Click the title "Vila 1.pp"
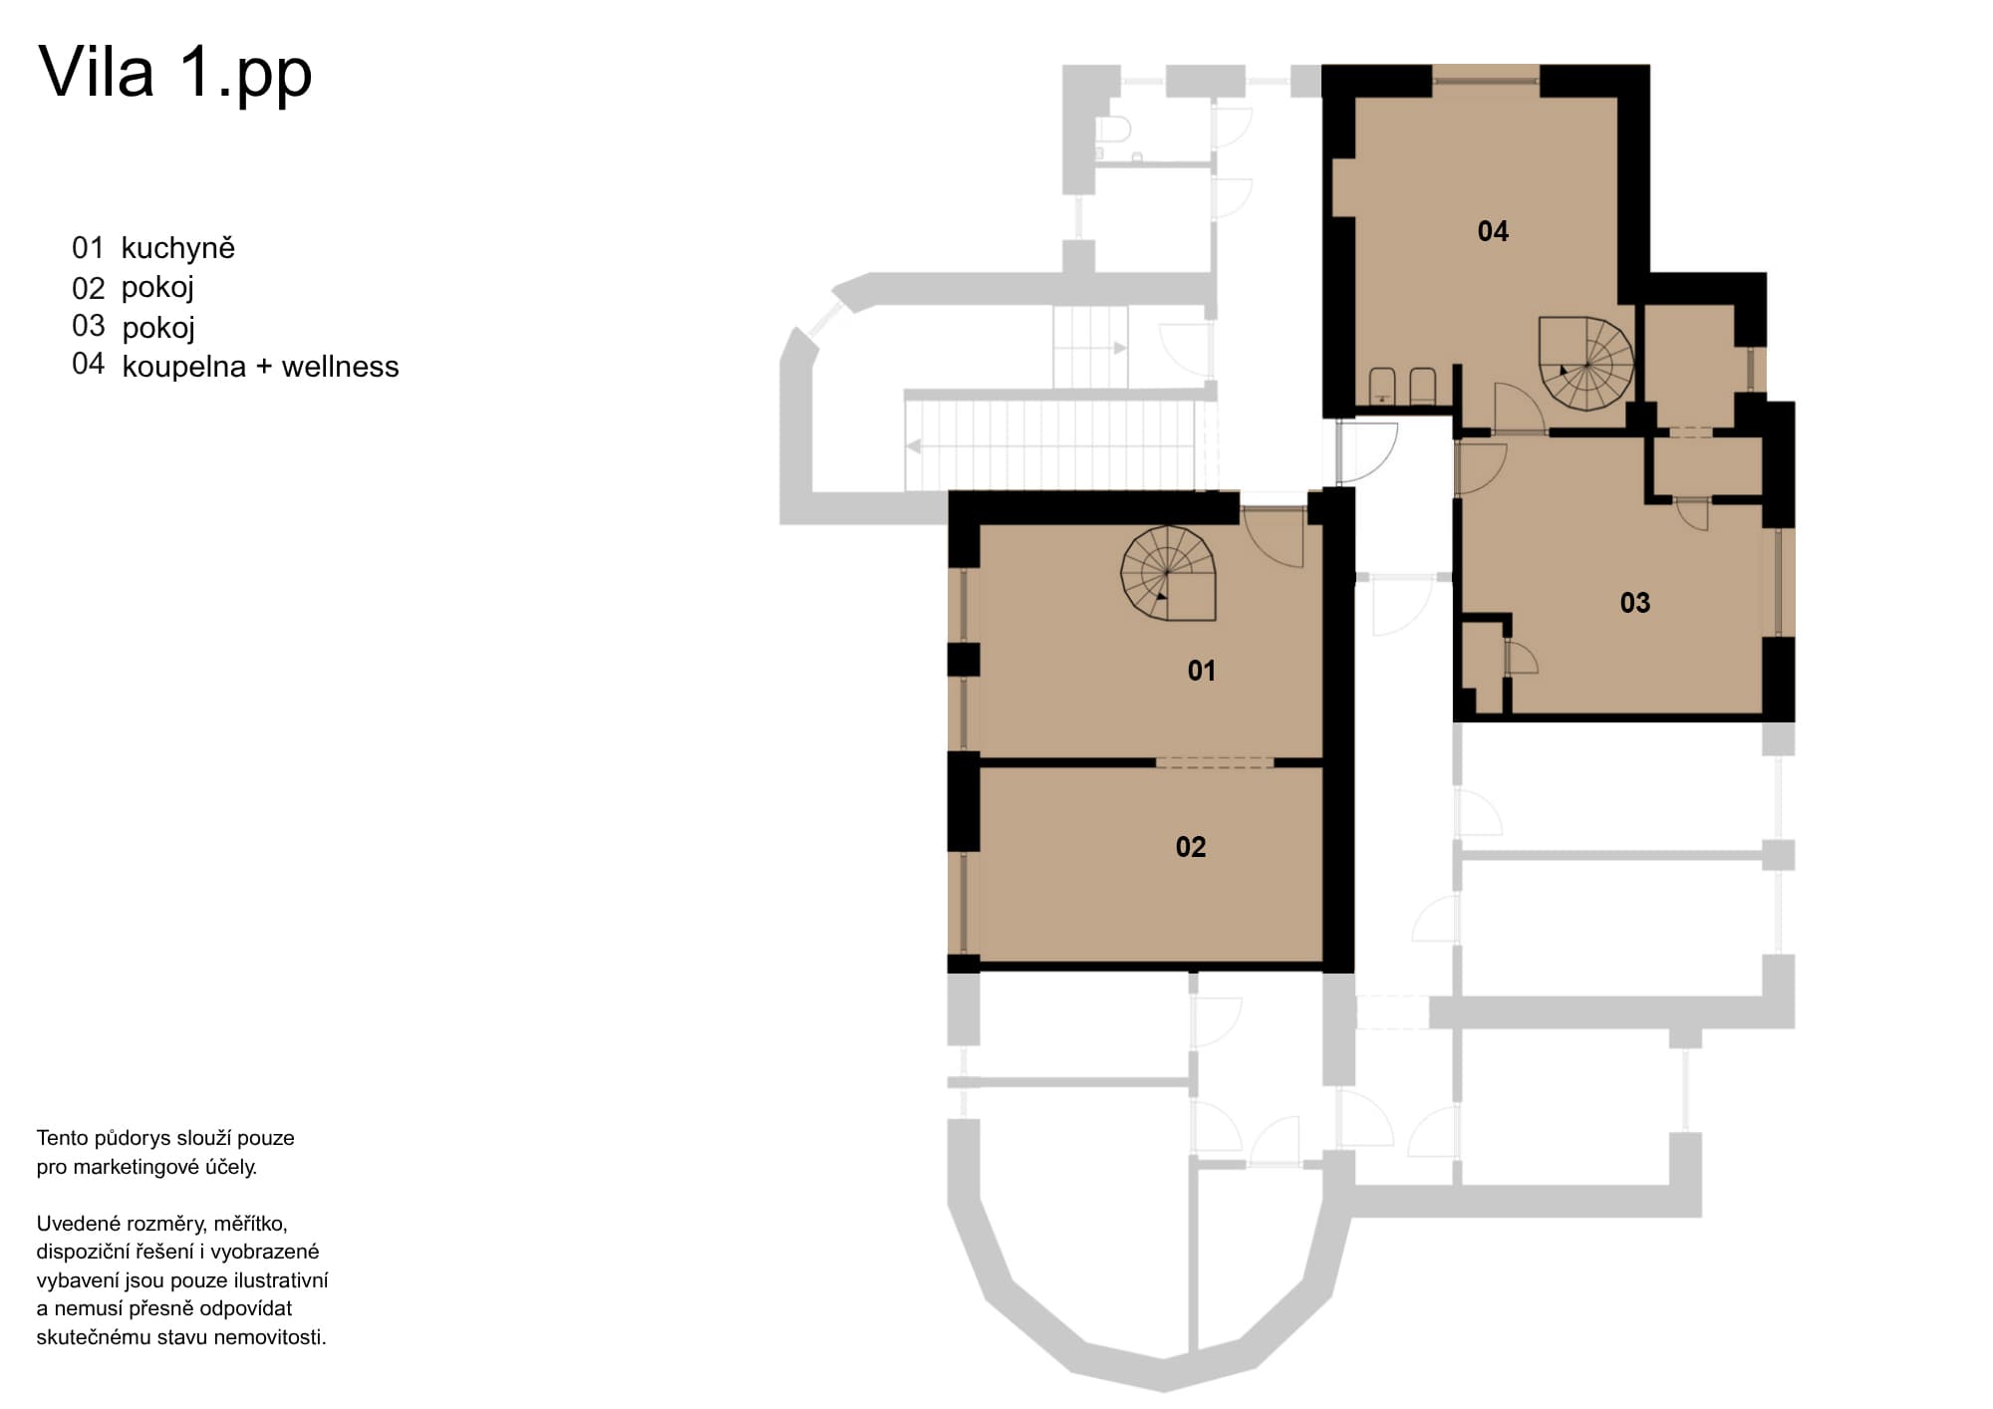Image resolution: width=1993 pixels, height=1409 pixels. [x=175, y=73]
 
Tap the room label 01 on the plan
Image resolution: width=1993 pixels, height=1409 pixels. [x=1201, y=671]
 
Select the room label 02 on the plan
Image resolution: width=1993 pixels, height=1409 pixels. [x=1191, y=847]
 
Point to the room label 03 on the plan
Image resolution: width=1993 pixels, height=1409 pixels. [x=1634, y=603]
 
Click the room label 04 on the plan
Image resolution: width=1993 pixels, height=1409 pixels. [x=1493, y=231]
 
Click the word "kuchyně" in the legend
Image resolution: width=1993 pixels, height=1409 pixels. [x=178, y=247]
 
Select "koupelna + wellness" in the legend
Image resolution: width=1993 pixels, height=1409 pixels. [x=260, y=367]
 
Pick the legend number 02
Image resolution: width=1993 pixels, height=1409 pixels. [x=88, y=288]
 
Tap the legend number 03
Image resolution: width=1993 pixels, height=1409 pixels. [x=88, y=326]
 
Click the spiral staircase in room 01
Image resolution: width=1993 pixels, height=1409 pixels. [x=1169, y=573]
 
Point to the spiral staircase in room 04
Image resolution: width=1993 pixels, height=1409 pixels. [x=1586, y=364]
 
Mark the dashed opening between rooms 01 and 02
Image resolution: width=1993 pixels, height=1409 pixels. [x=1215, y=762]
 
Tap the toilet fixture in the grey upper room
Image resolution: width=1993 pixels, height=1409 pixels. [x=1114, y=130]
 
